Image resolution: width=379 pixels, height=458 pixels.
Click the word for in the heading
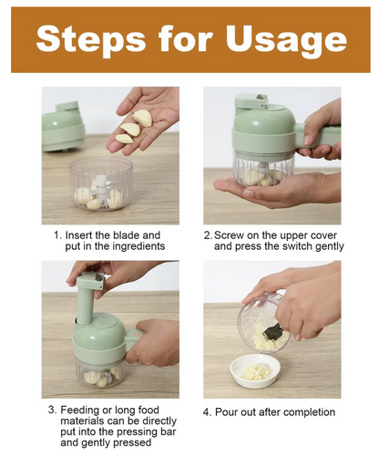click(185, 38)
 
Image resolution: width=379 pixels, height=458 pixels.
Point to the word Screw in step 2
click(229, 235)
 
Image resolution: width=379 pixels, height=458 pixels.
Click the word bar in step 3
click(169, 432)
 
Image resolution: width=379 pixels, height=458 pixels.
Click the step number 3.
click(52, 410)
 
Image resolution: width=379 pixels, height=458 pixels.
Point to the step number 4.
click(207, 412)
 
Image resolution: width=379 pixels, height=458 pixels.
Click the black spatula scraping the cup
click(273, 331)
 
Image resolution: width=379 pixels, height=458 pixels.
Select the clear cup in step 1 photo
click(101, 184)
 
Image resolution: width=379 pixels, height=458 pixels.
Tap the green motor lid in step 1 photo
click(64, 127)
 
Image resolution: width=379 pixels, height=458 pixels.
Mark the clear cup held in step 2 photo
click(263, 168)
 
